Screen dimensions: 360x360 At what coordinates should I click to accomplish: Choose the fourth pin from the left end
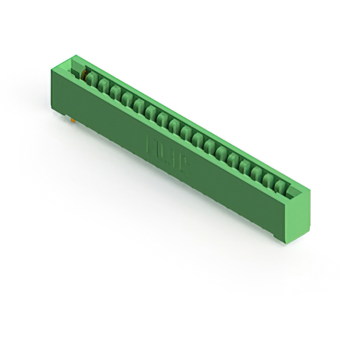(127, 98)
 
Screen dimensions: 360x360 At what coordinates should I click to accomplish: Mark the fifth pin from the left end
(139, 103)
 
